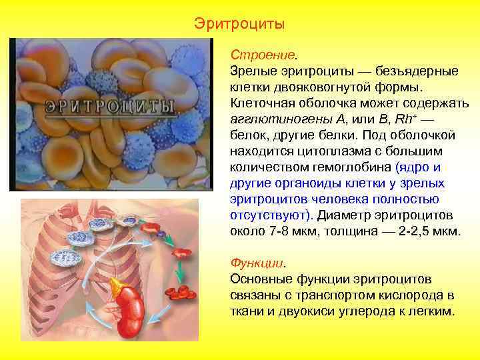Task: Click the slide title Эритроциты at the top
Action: click(x=239, y=24)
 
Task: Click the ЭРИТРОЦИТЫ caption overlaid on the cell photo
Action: click(x=110, y=108)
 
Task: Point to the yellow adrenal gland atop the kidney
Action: click(x=122, y=286)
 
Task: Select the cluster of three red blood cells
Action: click(x=181, y=291)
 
